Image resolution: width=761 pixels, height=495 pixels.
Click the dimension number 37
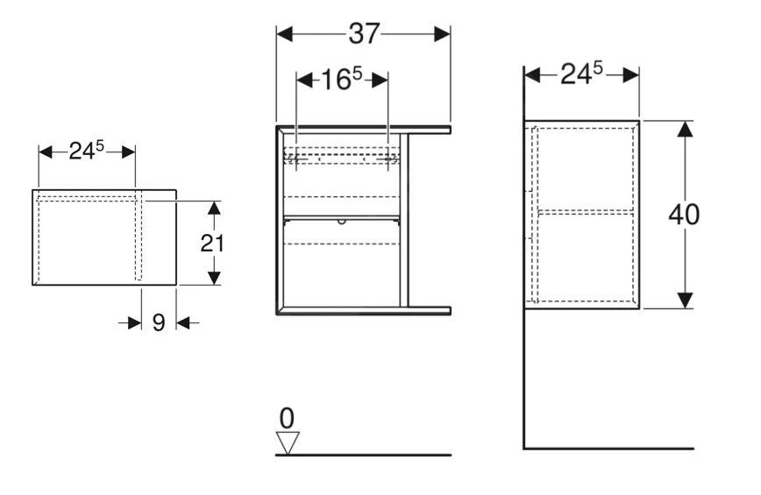pyautogui.click(x=364, y=34)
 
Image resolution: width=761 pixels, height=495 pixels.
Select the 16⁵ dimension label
pyautogui.click(x=342, y=79)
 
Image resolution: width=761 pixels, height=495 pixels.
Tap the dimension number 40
pyautogui.click(x=684, y=215)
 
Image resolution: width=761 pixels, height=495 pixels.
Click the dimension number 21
pyautogui.click(x=212, y=243)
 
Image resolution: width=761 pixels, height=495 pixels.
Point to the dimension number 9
pyautogui.click(x=159, y=323)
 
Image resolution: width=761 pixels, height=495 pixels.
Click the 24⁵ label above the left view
pyautogui.click(x=87, y=151)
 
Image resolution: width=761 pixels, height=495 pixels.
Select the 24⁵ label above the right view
pyautogui.click(x=581, y=74)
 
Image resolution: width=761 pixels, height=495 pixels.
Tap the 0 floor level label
pyautogui.click(x=287, y=418)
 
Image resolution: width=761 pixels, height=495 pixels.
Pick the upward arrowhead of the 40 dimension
pyautogui.click(x=685, y=129)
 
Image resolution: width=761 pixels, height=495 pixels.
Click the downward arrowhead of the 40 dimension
pyautogui.click(x=685, y=301)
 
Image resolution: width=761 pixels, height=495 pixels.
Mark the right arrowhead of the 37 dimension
pyautogui.click(x=442, y=34)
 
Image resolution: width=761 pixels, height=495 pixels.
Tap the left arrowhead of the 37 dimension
pyautogui.click(x=284, y=34)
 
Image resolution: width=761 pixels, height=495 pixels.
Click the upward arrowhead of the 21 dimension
pyautogui.click(x=214, y=208)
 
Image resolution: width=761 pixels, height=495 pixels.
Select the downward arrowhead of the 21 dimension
pyautogui.click(x=214, y=279)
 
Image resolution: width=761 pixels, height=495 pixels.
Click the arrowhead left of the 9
pyautogui.click(x=134, y=322)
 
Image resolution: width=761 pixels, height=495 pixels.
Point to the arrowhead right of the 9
pyautogui.click(x=183, y=322)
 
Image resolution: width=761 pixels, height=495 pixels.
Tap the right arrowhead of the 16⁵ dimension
pyautogui.click(x=380, y=80)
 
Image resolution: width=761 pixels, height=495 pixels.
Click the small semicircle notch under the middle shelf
pyautogui.click(x=342, y=222)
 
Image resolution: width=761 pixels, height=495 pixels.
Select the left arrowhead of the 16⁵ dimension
pyautogui.click(x=304, y=80)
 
